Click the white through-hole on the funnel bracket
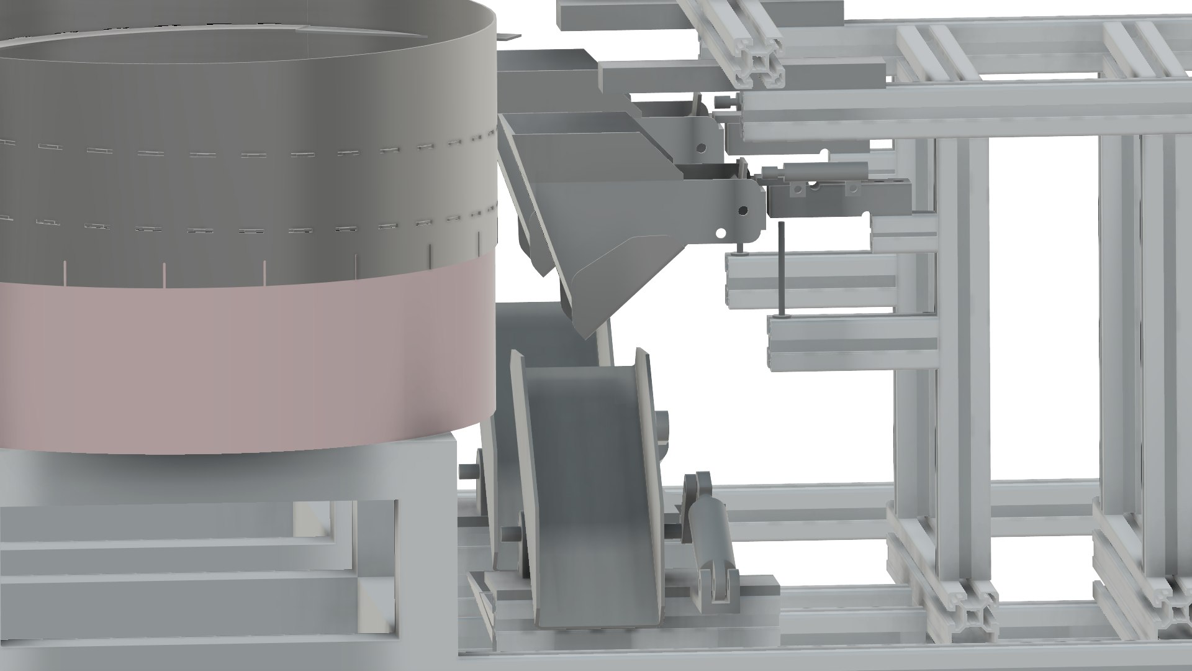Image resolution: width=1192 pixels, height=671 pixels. [x=721, y=233]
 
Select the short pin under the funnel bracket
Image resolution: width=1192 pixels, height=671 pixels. [x=739, y=247]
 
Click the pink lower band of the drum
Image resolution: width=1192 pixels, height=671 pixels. [x=248, y=367]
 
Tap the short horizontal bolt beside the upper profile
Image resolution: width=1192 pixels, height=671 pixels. [x=724, y=101]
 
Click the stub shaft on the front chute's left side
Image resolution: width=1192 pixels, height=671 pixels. [x=509, y=532]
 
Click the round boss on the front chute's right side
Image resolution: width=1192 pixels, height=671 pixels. [x=664, y=429]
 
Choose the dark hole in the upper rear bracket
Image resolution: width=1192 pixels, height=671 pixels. [x=701, y=148]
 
